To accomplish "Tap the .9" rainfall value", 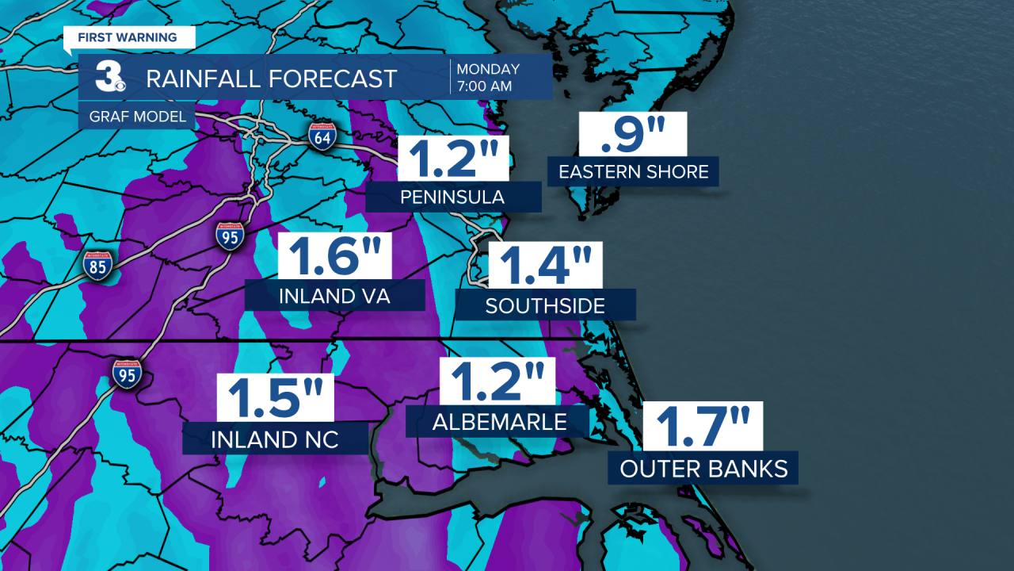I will pos(632,135).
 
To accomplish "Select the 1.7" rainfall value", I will pos(702,426).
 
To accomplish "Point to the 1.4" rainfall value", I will pos(545,266).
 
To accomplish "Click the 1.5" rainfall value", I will pos(276,399).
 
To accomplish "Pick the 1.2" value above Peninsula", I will pos(452,158).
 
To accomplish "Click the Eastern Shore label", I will pos(633,171).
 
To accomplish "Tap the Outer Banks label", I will pos(703,469).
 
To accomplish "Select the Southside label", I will pos(545,305).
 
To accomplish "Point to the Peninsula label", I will pos(453,197).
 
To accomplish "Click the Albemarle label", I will pos(499,422).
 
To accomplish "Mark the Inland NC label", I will pos(275,439).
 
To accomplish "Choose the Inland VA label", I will pos(334,296).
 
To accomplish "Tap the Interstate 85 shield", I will pos(97,266).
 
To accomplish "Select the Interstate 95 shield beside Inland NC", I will pos(127,372).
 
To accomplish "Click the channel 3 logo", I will pos(109,78).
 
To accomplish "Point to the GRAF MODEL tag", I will pos(132,117).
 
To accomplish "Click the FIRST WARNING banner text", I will pos(127,37).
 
